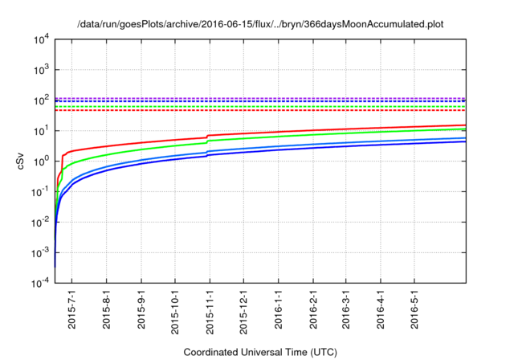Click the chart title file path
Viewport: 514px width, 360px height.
260,24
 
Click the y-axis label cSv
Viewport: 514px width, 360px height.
22,161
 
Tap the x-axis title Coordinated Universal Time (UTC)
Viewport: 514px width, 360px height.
259,352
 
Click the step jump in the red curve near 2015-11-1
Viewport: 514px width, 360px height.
207,136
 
